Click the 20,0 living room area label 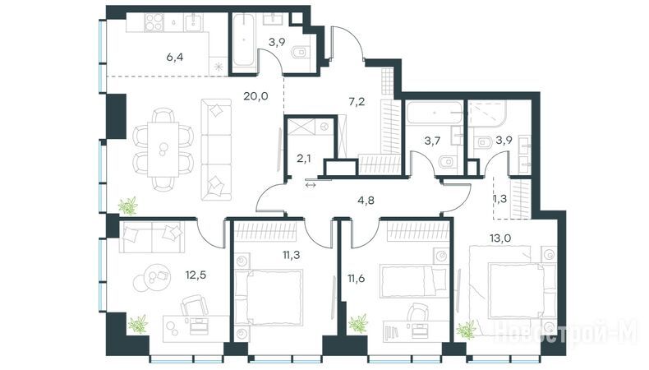255,96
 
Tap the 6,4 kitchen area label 175,58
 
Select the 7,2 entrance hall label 357,102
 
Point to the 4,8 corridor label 366,201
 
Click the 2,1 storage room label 304,158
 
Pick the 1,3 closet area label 500,199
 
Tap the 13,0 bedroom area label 499,238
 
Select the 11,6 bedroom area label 357,278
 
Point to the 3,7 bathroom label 431,141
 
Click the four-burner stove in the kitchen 153,22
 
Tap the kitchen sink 193,22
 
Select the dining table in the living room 163,149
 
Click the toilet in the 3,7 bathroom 445,161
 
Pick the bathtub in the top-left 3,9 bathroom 244,39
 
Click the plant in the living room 128,206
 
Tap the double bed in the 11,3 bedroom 269,297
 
